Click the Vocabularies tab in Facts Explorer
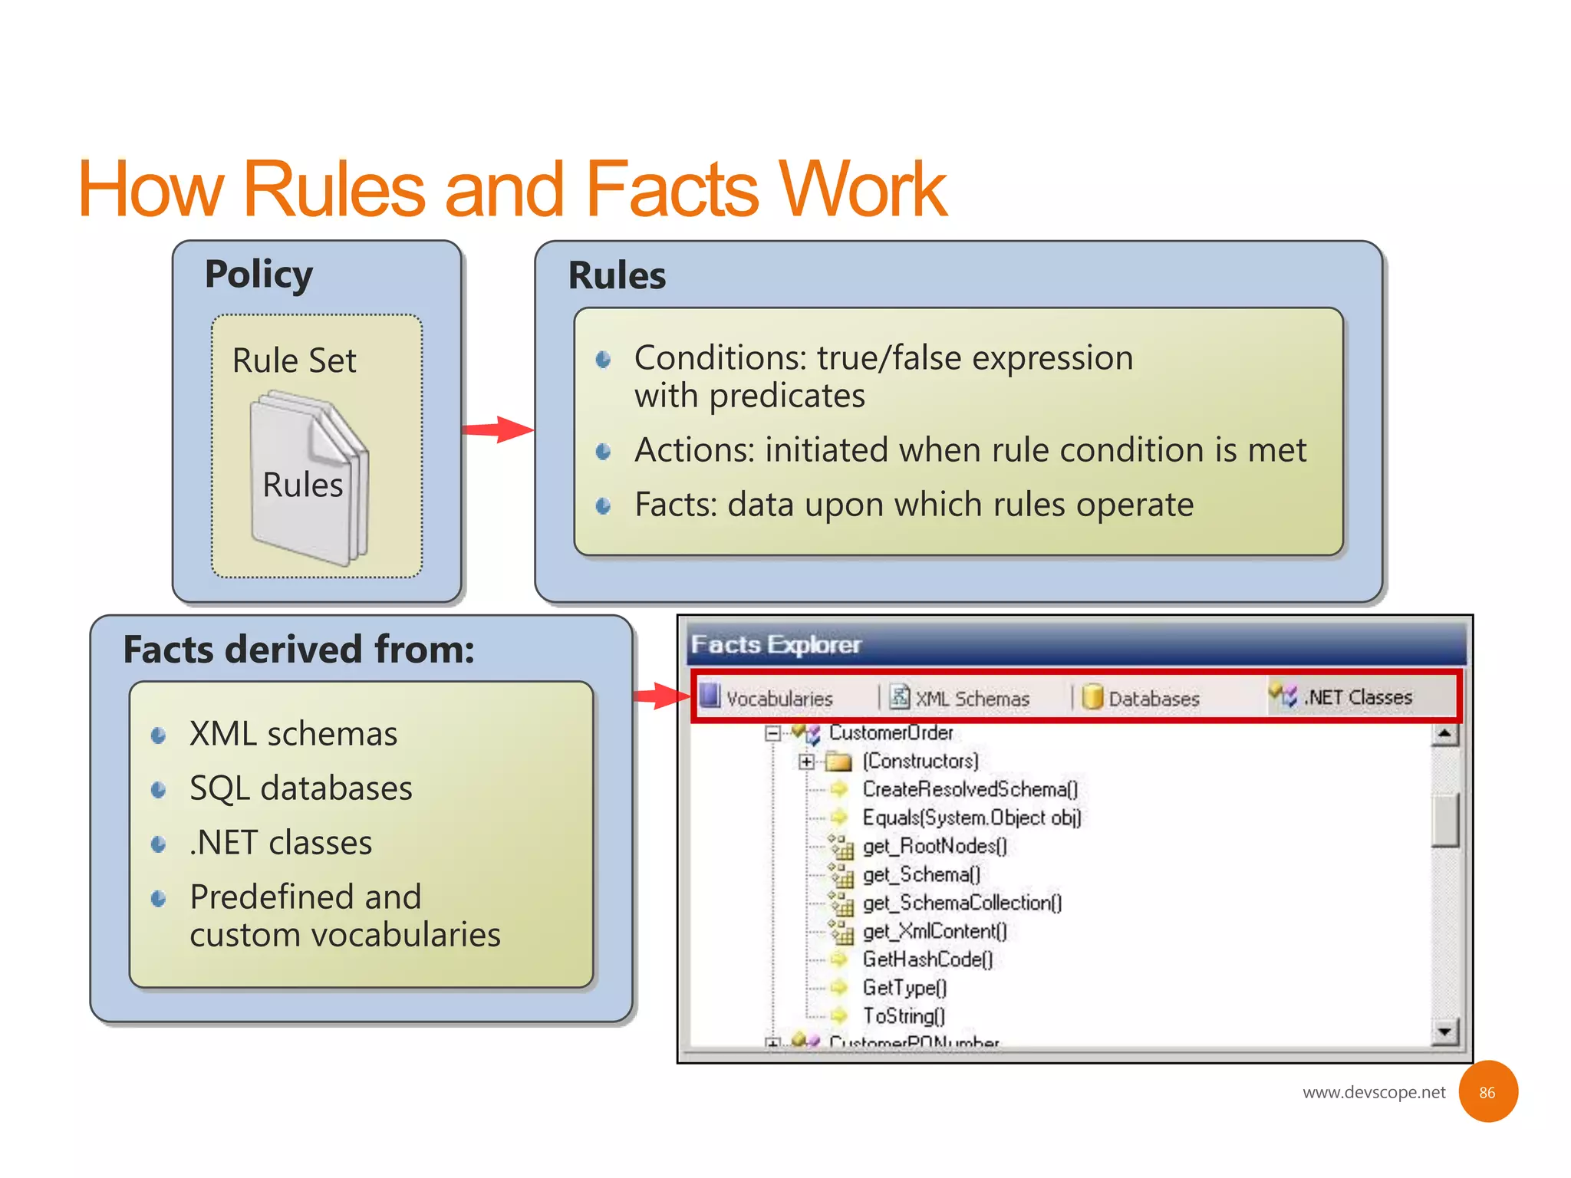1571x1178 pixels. click(x=767, y=698)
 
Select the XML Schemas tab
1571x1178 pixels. click(x=960, y=698)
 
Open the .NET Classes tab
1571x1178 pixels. click(x=1342, y=696)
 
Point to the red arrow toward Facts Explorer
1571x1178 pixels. click(x=661, y=696)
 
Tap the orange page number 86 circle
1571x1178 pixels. click(x=1487, y=1092)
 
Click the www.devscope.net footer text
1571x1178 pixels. click(x=1373, y=1092)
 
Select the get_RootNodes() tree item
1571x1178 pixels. click(x=934, y=846)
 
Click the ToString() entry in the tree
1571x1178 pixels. click(x=904, y=1016)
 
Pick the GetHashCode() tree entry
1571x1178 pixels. click(x=927, y=959)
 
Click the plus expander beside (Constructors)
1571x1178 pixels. click(x=805, y=762)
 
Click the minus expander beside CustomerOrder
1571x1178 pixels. click(x=772, y=733)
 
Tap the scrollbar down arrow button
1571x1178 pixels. click(x=1444, y=1032)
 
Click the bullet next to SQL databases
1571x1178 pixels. click(x=159, y=790)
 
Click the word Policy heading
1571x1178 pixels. click(x=259, y=275)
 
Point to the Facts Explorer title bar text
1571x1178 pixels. click(x=776, y=644)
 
